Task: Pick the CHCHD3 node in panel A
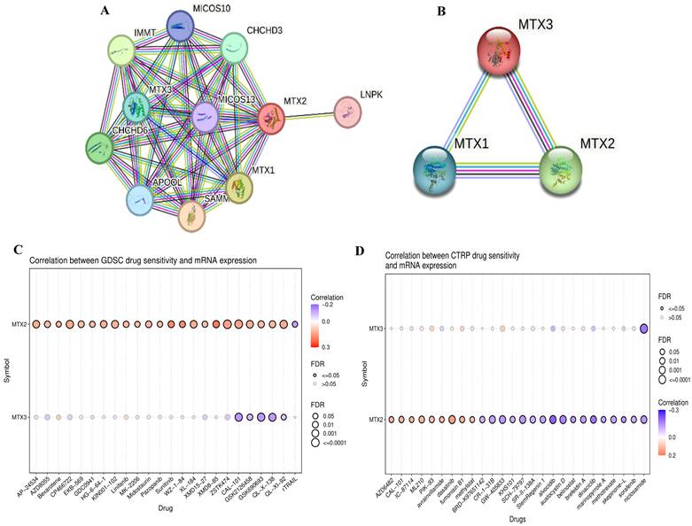click(235, 48)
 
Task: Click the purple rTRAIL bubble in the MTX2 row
click(295, 324)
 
